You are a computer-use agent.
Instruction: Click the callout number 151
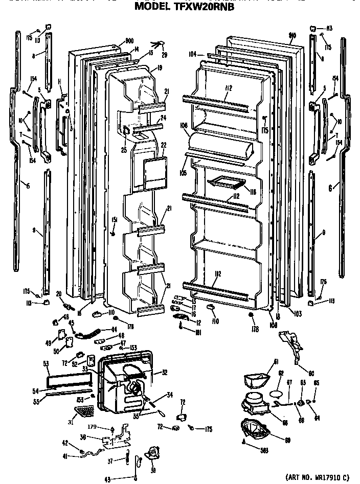115,219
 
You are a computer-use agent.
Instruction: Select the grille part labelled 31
84,410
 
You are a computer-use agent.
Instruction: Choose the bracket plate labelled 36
115,437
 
